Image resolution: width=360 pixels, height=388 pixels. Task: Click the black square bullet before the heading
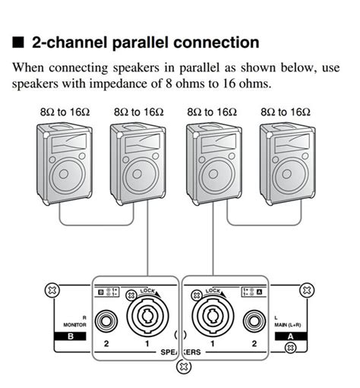(x=17, y=42)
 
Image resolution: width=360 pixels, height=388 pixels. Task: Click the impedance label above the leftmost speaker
(x=65, y=111)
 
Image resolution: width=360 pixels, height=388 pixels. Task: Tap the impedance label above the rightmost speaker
(x=285, y=111)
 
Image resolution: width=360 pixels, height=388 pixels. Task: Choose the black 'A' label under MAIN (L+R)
(x=289, y=335)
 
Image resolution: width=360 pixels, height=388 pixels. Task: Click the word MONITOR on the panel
(x=72, y=323)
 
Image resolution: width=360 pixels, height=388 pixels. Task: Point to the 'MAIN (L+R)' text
(x=288, y=323)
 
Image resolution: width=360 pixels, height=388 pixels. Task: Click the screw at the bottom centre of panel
(x=181, y=367)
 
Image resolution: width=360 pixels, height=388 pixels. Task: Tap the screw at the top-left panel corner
(x=52, y=289)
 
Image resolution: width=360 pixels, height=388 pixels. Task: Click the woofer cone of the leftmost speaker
(x=67, y=177)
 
